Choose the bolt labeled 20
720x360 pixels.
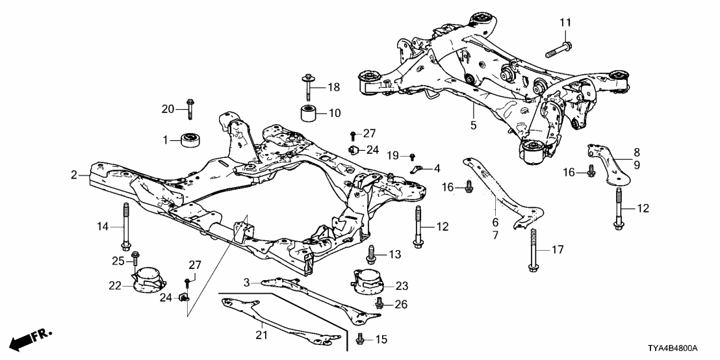click(189, 108)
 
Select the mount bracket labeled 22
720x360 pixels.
click(148, 282)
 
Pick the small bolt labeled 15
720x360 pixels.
click(361, 338)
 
